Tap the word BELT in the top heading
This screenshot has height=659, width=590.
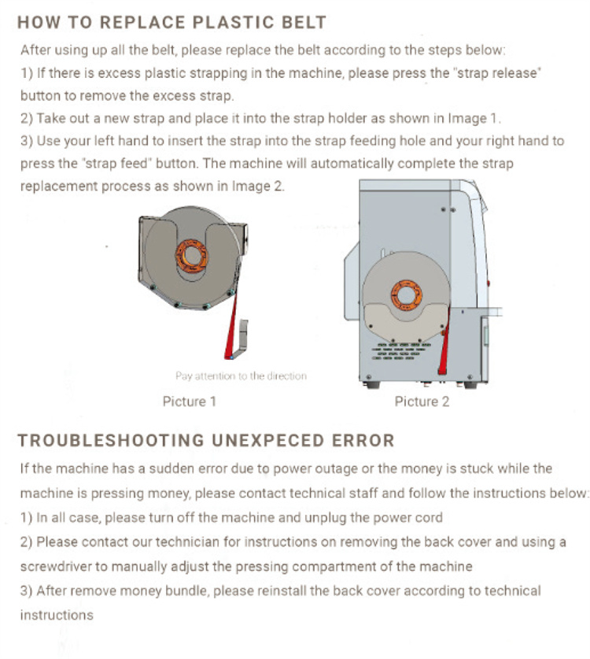pyautogui.click(x=304, y=22)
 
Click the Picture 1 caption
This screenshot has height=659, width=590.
pyautogui.click(x=190, y=402)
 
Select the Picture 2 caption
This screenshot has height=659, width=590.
pyautogui.click(x=422, y=402)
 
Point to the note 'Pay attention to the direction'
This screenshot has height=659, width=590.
pyautogui.click(x=241, y=376)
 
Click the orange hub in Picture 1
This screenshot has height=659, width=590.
pyautogui.click(x=192, y=256)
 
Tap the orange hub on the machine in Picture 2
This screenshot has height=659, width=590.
pyautogui.click(x=407, y=295)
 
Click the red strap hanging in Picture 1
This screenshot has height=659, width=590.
pyautogui.click(x=231, y=326)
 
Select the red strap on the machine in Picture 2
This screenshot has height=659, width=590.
pyautogui.click(x=444, y=342)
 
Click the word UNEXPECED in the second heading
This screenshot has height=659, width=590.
pyautogui.click(x=268, y=440)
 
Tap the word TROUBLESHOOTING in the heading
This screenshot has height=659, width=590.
pyautogui.click(x=111, y=440)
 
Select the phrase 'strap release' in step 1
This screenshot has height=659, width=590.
pyautogui.click(x=499, y=73)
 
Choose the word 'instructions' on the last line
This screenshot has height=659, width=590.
pyautogui.click(x=57, y=615)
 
